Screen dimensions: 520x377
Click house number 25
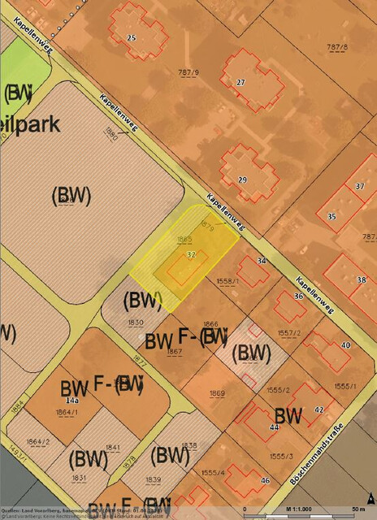pos(131,38)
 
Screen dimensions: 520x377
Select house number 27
pos(240,83)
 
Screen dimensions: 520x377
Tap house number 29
pos(242,179)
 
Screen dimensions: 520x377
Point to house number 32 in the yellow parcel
pos(191,254)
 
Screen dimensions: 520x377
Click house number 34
pos(262,261)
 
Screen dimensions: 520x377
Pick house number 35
pos(331,217)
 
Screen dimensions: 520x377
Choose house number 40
pos(345,345)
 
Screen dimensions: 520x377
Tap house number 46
pos(265,481)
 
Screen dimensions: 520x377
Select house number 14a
pos(71,401)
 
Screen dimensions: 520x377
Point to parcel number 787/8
pos(336,48)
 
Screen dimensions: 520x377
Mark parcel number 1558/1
pos(227,281)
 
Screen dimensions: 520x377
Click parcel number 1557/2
pos(289,333)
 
